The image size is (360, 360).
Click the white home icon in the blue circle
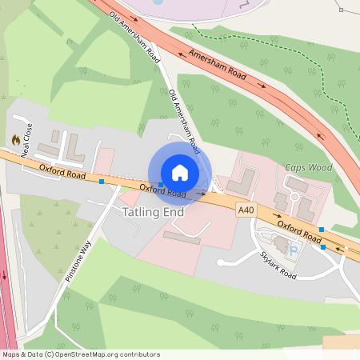[180, 173]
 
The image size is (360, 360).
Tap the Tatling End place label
[154, 213]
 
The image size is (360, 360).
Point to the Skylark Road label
[278, 265]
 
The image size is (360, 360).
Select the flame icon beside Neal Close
[15, 139]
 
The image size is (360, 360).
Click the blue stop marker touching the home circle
[161, 185]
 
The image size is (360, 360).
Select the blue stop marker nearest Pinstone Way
[102, 182]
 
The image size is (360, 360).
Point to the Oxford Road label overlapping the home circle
[162, 191]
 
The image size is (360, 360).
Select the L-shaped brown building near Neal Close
[73, 148]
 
